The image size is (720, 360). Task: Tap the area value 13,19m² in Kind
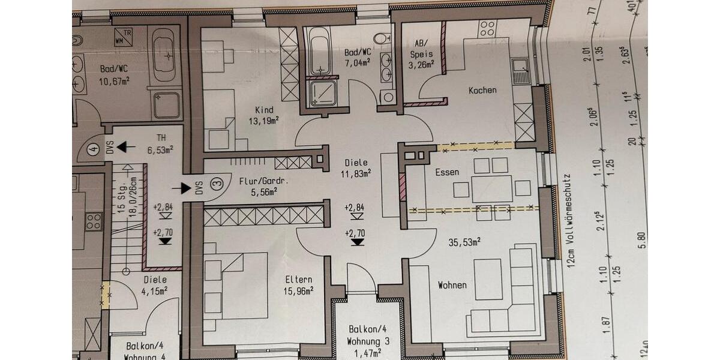click(x=264, y=121)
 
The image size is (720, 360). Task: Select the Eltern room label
click(x=298, y=279)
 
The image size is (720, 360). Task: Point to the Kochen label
click(x=482, y=91)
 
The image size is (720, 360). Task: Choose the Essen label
click(x=447, y=172)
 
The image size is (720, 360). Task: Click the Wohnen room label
click(x=452, y=285)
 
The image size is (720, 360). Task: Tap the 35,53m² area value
click(x=466, y=242)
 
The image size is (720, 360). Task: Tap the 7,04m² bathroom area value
click(x=358, y=61)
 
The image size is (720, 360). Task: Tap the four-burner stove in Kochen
click(x=487, y=28)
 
